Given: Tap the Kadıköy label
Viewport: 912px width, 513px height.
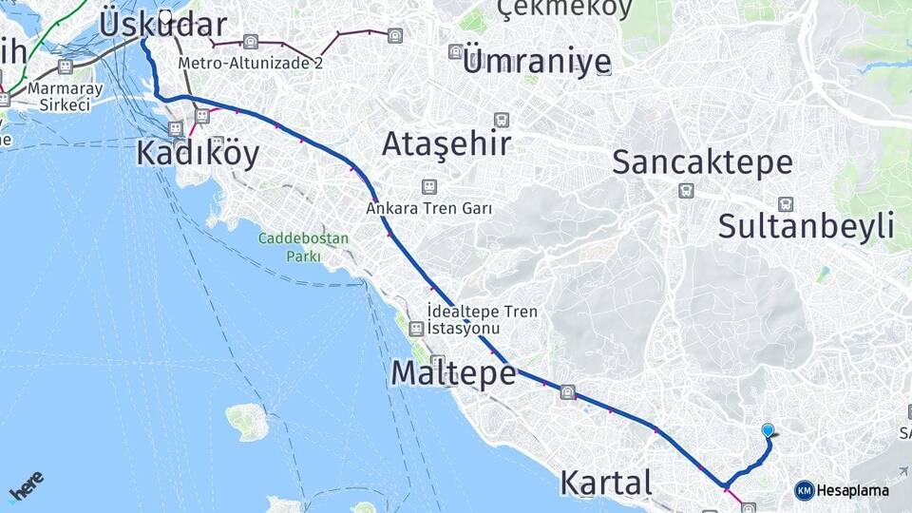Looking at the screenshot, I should click(198, 153).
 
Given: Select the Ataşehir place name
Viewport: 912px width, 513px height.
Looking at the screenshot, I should click(446, 144).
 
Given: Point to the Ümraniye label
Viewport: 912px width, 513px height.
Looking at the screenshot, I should click(537, 64).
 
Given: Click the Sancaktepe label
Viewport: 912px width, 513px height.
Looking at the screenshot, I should click(702, 162).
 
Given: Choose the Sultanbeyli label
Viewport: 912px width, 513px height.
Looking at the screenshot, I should click(807, 226).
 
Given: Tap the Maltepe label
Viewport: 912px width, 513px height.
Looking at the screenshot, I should click(453, 373).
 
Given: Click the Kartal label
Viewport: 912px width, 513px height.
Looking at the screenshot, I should click(606, 483).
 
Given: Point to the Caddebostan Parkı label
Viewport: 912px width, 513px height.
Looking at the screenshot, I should click(304, 247).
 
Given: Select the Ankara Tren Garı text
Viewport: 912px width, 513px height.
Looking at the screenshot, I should click(429, 208).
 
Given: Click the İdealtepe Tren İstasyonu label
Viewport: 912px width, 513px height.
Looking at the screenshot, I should click(482, 319).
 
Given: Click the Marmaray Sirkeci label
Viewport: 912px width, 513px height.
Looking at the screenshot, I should click(39, 95).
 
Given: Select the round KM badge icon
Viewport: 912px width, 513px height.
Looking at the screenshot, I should click(804, 490).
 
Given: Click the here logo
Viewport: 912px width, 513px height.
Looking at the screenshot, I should click(26, 487).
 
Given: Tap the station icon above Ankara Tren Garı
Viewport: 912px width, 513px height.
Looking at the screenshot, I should click(429, 187).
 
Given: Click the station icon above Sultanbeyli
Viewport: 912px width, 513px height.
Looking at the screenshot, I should click(786, 204).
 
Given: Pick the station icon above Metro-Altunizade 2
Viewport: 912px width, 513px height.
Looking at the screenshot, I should click(250, 42).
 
